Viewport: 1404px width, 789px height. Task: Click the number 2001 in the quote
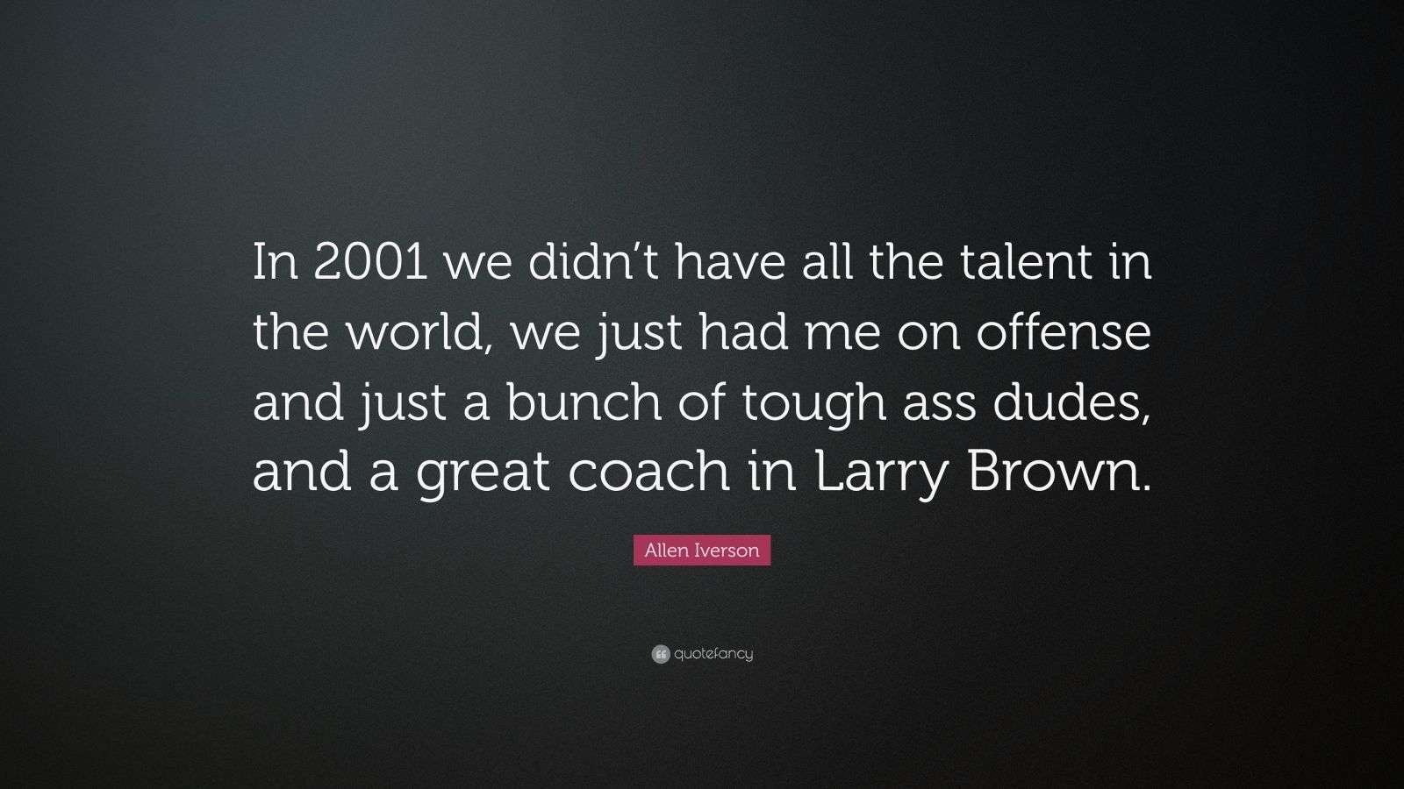pyautogui.click(x=371, y=262)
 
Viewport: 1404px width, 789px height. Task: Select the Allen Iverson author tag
pyautogui.click(x=702, y=551)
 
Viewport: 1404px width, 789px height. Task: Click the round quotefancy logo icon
pyautogui.click(x=661, y=654)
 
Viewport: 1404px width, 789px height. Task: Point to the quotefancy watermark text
pyautogui.click(x=713, y=654)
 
